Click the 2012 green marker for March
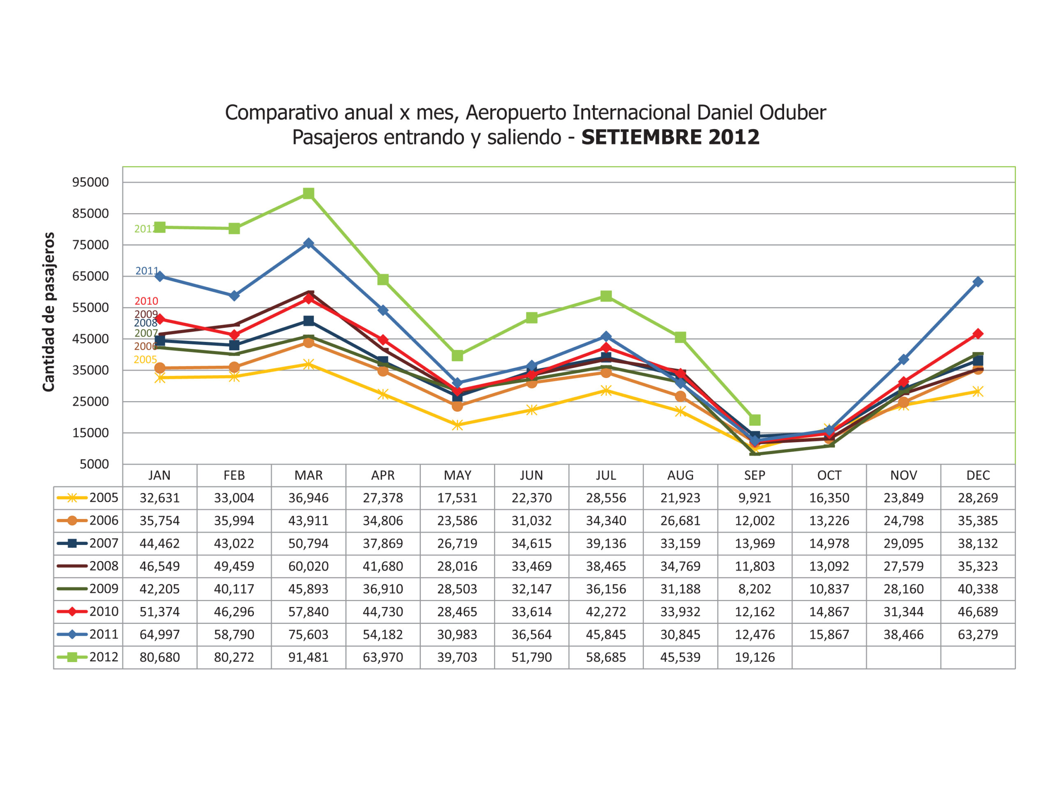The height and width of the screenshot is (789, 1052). point(308,193)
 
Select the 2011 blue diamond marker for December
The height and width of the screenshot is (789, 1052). point(978,281)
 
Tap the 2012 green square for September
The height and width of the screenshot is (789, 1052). point(755,420)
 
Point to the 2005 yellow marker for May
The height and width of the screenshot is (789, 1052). point(457,424)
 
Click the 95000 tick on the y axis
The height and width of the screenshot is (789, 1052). point(90,182)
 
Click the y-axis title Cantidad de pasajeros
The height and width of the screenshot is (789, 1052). point(48,311)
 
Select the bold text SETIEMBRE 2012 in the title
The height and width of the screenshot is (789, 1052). point(670,137)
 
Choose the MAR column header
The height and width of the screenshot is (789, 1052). point(308,475)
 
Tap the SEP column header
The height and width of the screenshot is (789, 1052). point(755,475)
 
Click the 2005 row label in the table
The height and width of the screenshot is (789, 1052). point(104,498)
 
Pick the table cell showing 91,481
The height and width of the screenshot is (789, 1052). point(308,657)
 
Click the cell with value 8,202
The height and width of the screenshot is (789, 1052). point(755,589)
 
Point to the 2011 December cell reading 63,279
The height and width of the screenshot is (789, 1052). point(978,634)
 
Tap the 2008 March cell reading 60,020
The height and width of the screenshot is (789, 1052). point(308,566)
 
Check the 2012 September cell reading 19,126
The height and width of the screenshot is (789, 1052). point(755,657)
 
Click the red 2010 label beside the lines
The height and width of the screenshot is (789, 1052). point(146,301)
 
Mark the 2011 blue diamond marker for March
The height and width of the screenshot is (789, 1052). point(308,243)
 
